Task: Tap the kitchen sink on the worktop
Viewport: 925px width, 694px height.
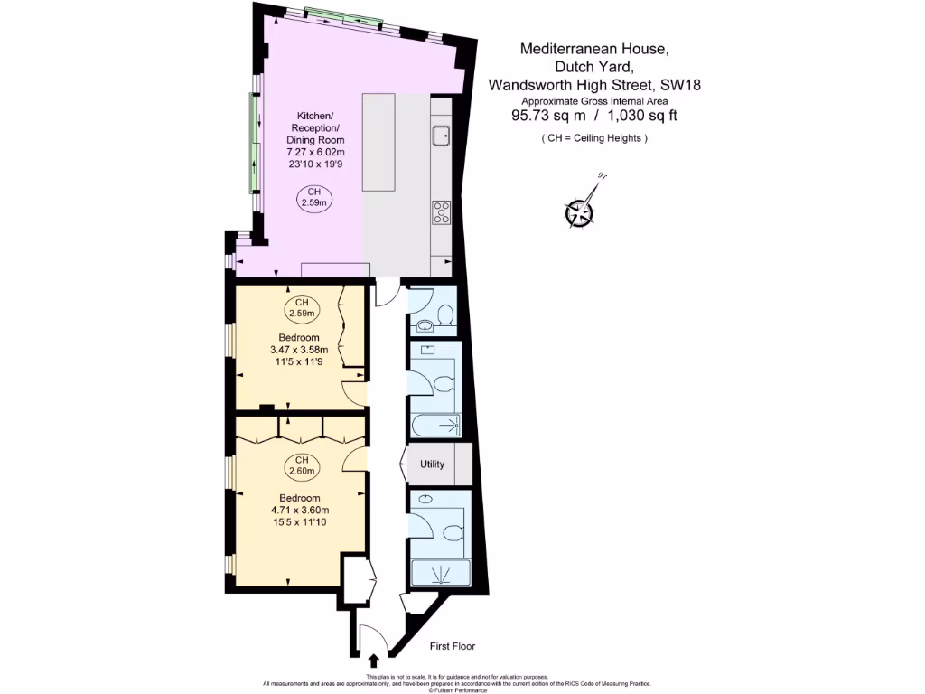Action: click(x=441, y=136)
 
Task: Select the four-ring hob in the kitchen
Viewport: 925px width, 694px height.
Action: click(x=442, y=212)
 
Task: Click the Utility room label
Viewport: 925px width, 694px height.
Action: click(x=433, y=464)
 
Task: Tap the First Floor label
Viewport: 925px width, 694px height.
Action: click(x=453, y=646)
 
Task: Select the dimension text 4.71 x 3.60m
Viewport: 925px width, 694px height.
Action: click(x=301, y=510)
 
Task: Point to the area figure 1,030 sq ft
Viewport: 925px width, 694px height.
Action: click(x=642, y=115)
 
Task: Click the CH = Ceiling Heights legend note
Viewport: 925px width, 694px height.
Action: click(x=594, y=138)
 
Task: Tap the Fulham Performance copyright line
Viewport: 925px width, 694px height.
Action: click(x=462, y=689)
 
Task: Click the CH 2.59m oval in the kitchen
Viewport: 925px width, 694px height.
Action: click(x=314, y=198)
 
